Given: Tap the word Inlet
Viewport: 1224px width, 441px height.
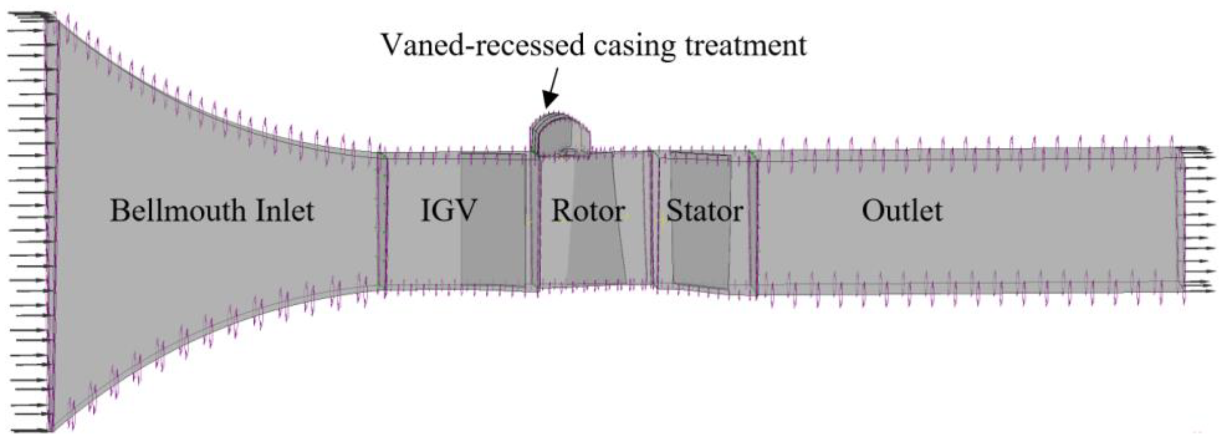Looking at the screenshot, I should pos(284,210).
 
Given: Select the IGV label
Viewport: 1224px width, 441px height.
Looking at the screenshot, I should pos(448,210).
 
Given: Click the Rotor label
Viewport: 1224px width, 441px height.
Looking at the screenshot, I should pos(588,210).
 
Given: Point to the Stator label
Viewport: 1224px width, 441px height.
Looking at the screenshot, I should pos(704,210).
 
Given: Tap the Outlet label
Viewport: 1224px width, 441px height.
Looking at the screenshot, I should pos(902,210).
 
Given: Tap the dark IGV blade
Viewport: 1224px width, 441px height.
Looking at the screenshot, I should pos(492,219).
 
